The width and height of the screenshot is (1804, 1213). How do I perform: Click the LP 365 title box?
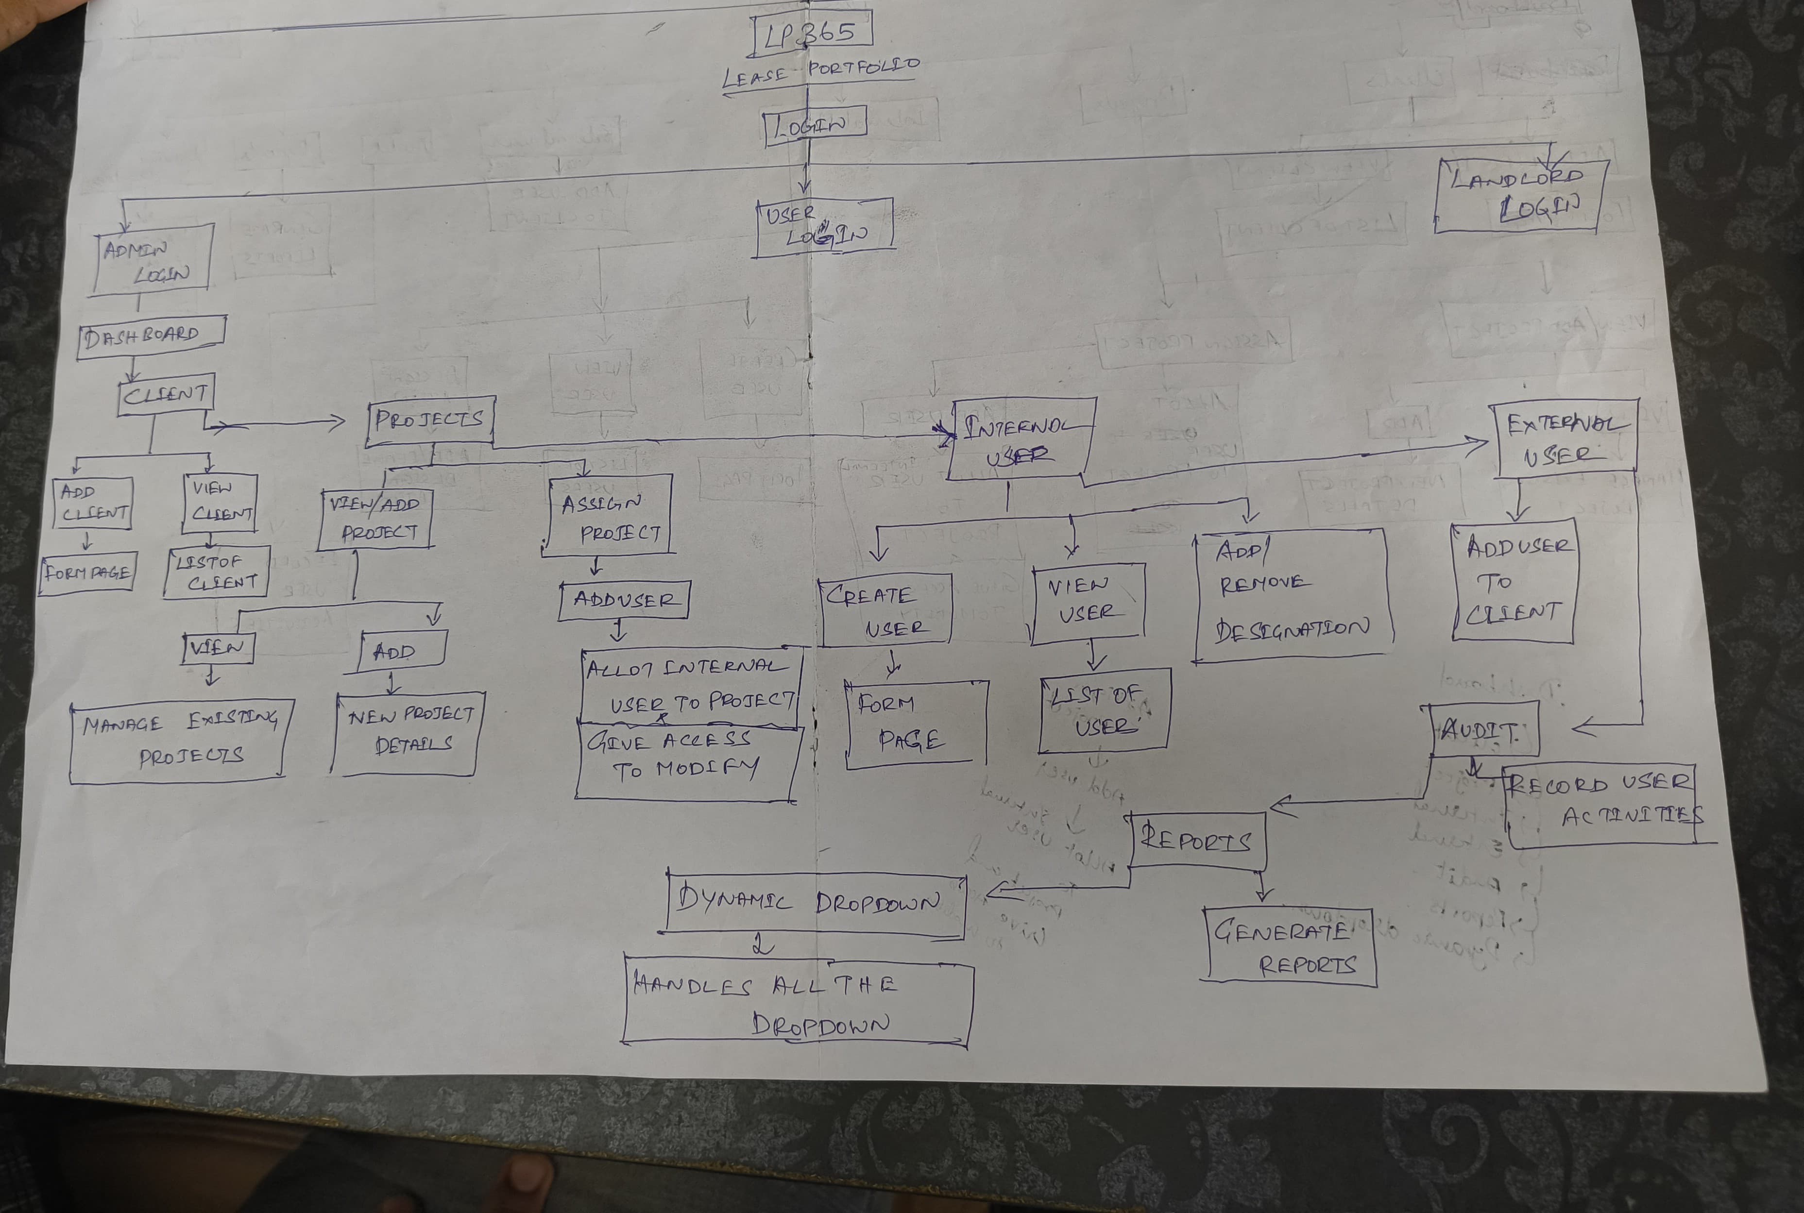coord(812,34)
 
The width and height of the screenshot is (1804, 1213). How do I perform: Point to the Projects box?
coord(430,421)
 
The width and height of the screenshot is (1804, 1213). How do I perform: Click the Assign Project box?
coord(608,516)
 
